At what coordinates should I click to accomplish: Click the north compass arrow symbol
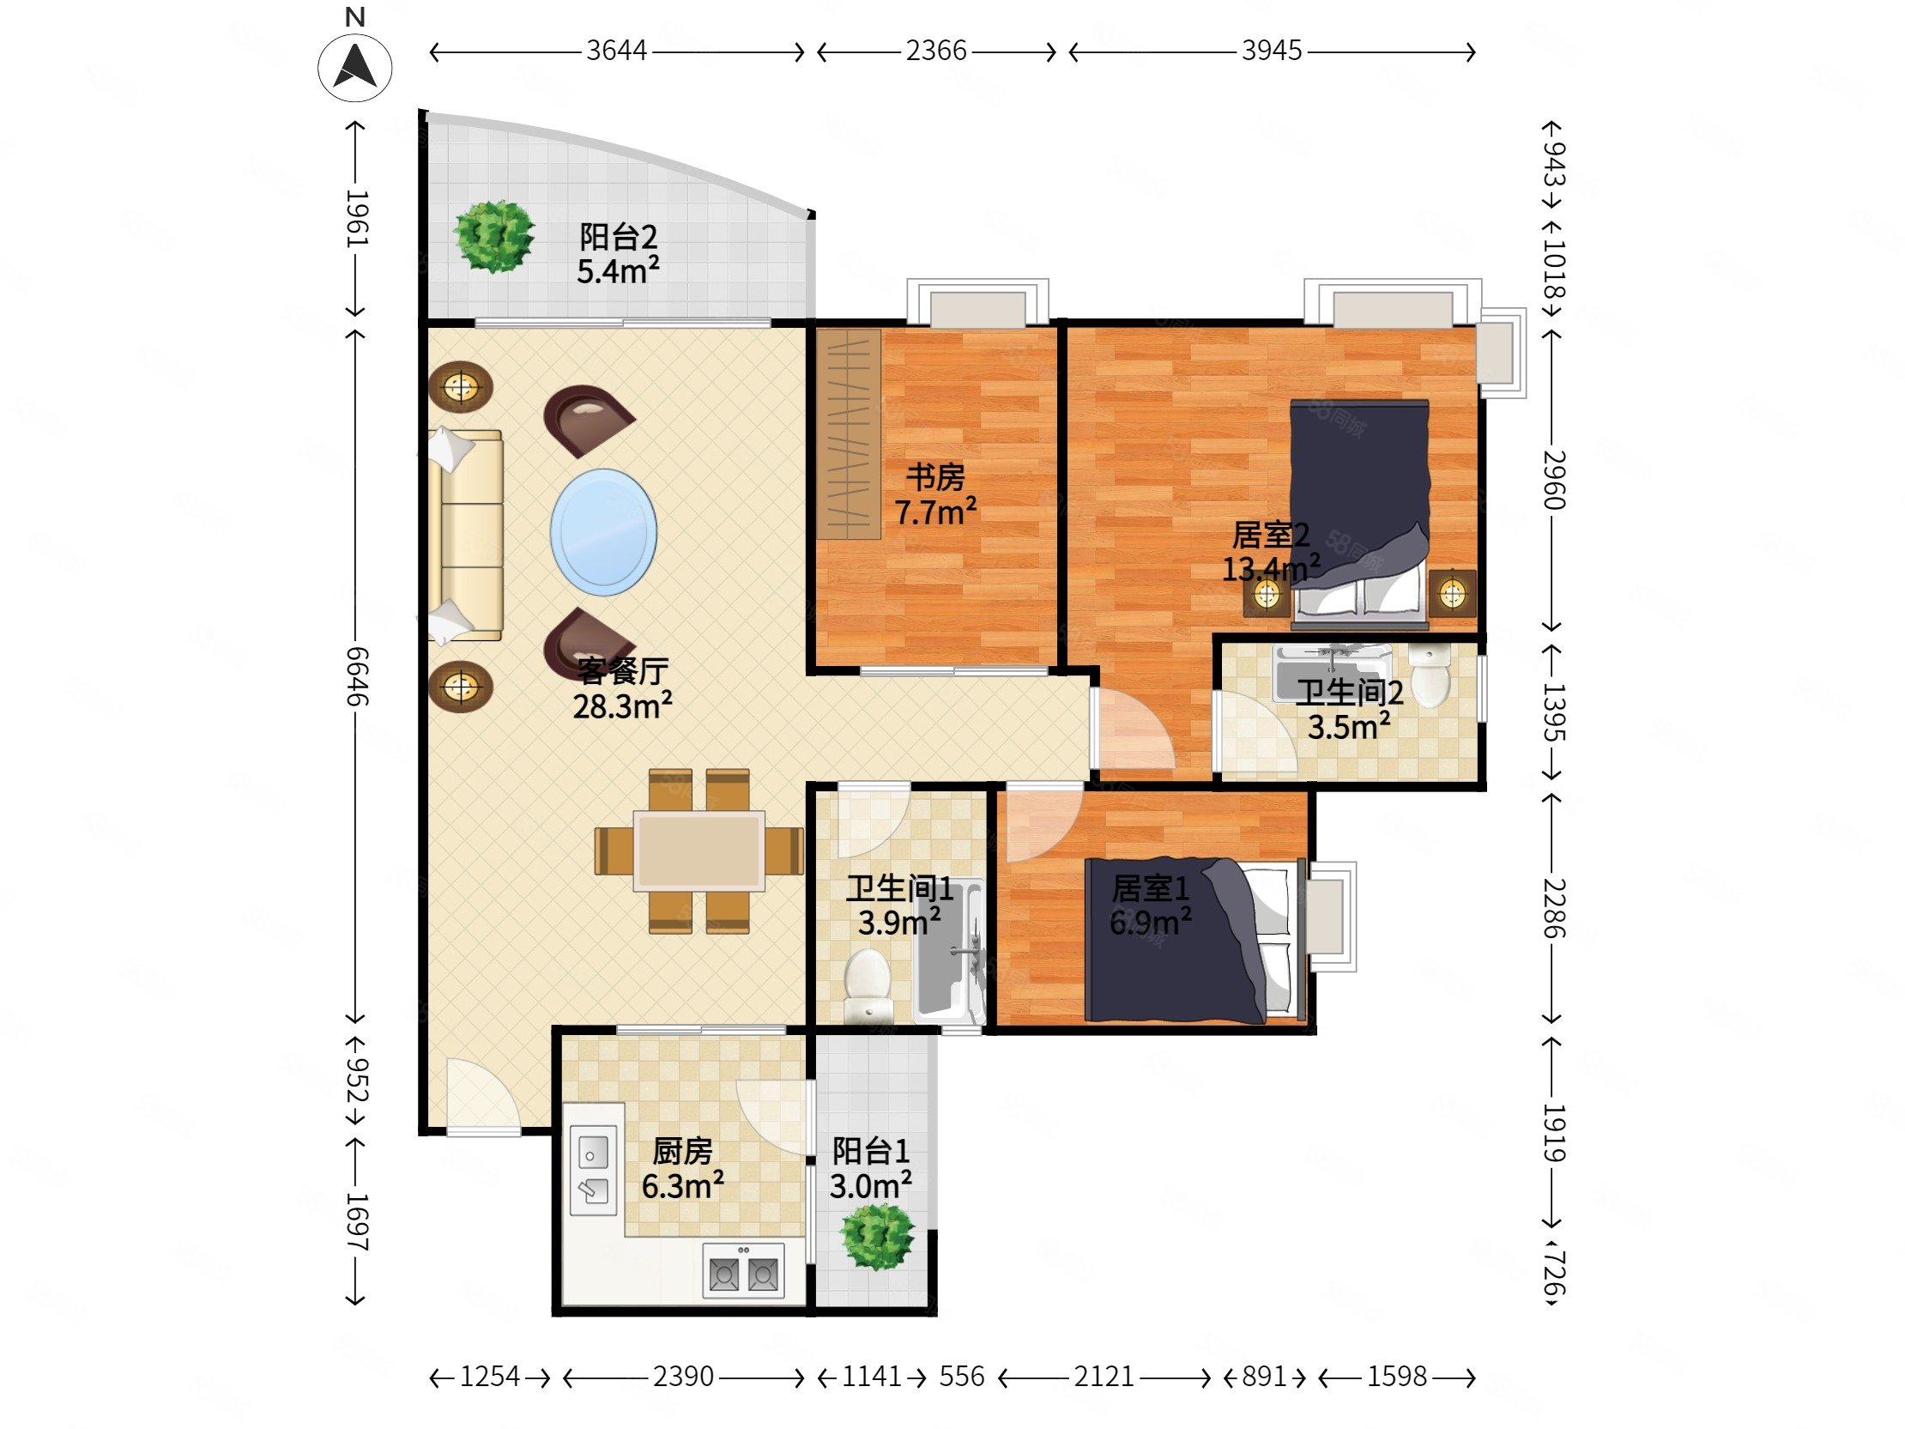tap(354, 66)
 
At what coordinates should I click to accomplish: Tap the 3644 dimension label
tap(617, 51)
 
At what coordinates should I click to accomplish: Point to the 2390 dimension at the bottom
tap(683, 1377)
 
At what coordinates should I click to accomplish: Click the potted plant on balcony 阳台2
tap(494, 236)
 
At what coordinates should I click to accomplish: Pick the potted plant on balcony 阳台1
tap(878, 1236)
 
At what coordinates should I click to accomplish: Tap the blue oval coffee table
tap(604, 532)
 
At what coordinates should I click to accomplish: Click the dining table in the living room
tap(699, 851)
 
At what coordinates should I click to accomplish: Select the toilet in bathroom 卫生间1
tap(868, 985)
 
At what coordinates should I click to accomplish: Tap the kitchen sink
tap(593, 1170)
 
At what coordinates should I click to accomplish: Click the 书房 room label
tap(935, 476)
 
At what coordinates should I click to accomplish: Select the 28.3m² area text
tap(623, 706)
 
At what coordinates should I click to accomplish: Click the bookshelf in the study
tap(849, 434)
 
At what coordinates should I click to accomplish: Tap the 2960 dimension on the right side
tap(1552, 480)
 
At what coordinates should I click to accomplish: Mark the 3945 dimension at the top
tap(1271, 51)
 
